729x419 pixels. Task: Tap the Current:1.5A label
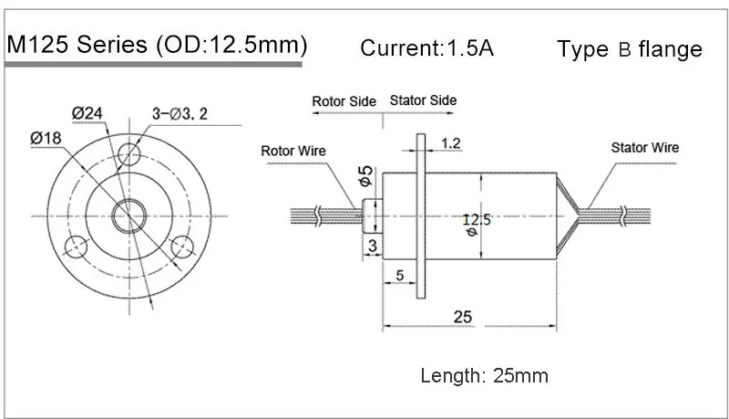point(427,47)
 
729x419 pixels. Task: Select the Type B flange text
point(630,49)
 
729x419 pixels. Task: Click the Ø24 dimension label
point(88,112)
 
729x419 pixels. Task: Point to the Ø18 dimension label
point(46,137)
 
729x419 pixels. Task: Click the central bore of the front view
point(128,215)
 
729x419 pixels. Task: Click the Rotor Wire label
point(293,151)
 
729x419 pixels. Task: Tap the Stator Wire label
point(644,147)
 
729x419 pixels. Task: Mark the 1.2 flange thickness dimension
point(450,143)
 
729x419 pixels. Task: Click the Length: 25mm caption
point(484,375)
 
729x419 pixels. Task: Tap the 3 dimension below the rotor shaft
point(372,245)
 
